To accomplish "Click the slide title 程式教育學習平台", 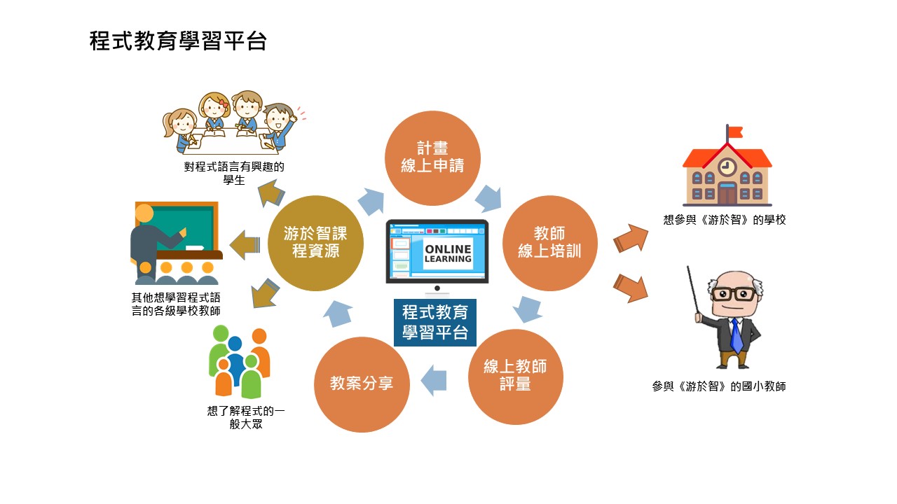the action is [178, 41].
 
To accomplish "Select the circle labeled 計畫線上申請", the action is [432, 158].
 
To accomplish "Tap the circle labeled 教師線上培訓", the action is [550, 243].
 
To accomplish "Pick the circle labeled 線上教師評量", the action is [515, 377].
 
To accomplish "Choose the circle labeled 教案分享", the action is [362, 384].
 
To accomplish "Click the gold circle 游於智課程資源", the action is [315, 243].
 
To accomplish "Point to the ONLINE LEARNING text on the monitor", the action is [448, 254].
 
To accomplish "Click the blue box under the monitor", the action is [435, 323].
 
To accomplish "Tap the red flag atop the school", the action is [736, 132].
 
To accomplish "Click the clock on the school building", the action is [727, 167].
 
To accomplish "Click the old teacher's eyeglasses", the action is [734, 294].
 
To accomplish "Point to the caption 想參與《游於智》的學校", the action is [725, 220].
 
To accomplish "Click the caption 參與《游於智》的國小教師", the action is [719, 386].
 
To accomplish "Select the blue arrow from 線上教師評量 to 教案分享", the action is [434, 380].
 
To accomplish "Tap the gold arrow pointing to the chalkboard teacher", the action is [245, 245].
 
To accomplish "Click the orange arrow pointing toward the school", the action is [630, 239].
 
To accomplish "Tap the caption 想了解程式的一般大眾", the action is [246, 417].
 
